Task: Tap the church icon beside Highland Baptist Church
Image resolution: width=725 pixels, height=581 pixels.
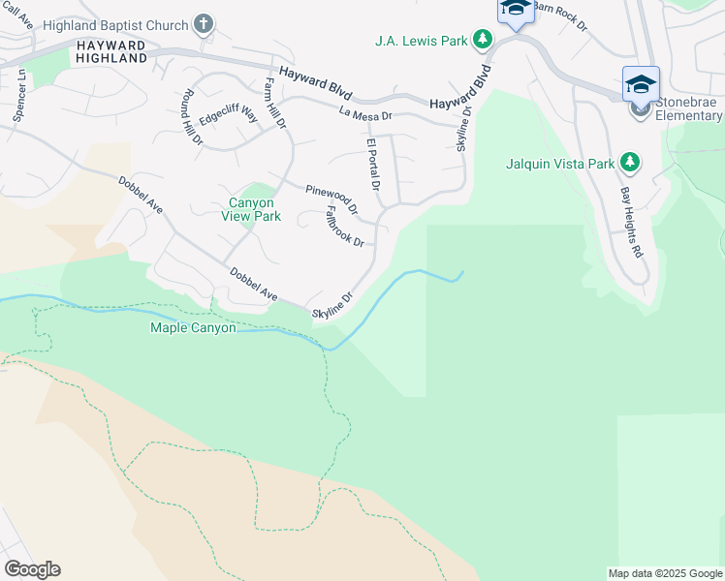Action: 204,23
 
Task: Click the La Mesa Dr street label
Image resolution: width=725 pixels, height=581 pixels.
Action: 365,114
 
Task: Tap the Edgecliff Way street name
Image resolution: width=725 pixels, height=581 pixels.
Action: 229,118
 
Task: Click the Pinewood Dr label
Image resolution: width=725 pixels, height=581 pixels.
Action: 331,199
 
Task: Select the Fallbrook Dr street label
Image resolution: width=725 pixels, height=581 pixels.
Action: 344,226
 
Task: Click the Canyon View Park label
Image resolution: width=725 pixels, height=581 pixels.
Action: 254,209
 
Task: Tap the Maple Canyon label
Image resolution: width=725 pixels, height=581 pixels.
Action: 193,328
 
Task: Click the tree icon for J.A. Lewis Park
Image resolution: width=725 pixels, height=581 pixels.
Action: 482,41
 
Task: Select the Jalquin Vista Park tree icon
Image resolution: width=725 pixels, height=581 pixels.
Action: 630,163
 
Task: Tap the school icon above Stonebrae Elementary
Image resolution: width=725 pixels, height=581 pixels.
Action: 641,84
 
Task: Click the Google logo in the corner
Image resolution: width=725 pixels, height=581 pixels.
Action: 32,569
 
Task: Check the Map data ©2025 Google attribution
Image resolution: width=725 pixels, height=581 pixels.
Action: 664,573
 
